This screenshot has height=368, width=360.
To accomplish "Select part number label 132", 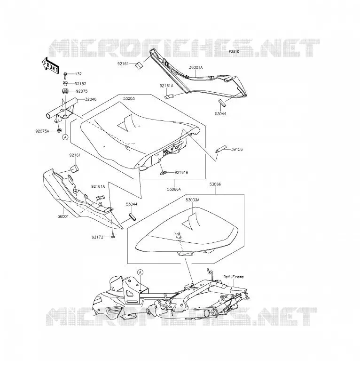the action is (x=78, y=74).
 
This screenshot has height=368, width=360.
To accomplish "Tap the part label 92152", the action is (x=80, y=84).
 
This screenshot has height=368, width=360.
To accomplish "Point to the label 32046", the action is (x=91, y=99).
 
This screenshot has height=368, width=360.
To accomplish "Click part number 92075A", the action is (x=42, y=131).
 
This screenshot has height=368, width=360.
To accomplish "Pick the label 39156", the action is (x=237, y=149).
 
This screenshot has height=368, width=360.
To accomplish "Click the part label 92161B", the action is (x=181, y=173).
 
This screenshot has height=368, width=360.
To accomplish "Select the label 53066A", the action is (x=174, y=189).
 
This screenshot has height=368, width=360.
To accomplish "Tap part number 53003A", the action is (x=192, y=200).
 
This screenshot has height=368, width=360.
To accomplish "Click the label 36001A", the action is (x=196, y=67).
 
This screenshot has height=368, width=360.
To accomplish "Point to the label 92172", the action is (x=97, y=237).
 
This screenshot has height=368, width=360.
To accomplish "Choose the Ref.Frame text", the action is (x=234, y=277).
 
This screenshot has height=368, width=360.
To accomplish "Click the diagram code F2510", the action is (x=234, y=51).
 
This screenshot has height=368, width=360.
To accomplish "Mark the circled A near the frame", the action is (x=140, y=272).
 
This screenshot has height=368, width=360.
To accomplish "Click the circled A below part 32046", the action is (x=65, y=137).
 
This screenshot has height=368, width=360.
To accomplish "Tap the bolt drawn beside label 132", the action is (x=65, y=75).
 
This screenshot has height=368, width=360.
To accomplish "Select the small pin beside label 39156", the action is (x=220, y=150).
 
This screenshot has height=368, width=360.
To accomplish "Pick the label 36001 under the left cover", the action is (x=63, y=216).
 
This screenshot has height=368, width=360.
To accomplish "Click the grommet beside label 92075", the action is (x=65, y=91).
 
